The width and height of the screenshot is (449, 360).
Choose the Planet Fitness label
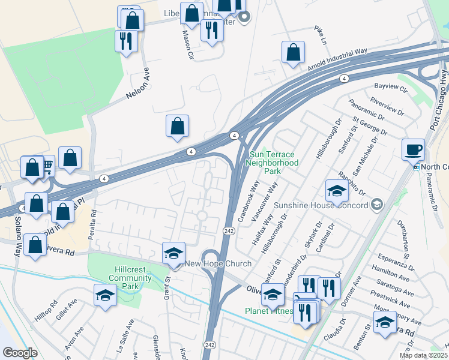click(x=268, y=311)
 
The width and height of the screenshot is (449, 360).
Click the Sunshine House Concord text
click(x=321, y=205)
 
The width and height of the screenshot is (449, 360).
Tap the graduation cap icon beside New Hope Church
click(x=173, y=253)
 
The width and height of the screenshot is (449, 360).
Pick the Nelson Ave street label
click(x=137, y=88)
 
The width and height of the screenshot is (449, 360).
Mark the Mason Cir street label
click(x=187, y=44)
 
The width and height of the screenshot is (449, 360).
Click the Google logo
click(x=20, y=353)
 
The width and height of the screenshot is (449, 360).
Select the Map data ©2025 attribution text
click(x=424, y=355)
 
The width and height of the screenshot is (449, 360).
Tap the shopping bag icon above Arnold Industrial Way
click(x=293, y=52)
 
